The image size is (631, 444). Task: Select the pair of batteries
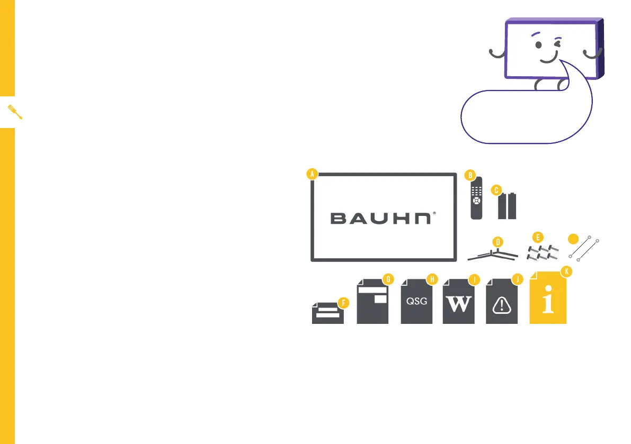[507, 206]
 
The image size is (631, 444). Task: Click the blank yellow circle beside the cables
[573, 239]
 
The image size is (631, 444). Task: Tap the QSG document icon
[416, 302]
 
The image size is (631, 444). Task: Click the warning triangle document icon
[502, 304]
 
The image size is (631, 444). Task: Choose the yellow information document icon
[548, 300]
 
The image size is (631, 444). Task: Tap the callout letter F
[343, 303]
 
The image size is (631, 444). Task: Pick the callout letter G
[388, 278]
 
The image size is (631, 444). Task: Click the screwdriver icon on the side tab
[14, 112]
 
